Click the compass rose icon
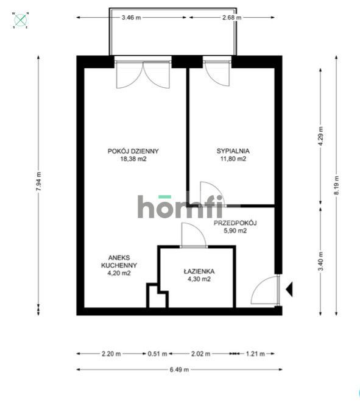pos(21,21)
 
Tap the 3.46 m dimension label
pos(131,18)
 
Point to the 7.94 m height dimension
pos(39,182)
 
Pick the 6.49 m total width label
pos(179,369)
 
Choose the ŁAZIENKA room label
pos(197,276)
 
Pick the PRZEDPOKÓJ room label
pos(235,227)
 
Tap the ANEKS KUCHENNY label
pos(119,265)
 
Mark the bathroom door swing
pos(192,235)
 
